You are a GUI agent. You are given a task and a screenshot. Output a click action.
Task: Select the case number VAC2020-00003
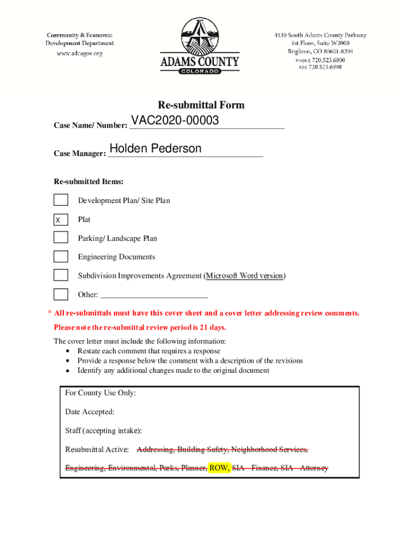tap(175, 121)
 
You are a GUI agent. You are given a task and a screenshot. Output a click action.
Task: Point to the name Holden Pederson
tap(155, 149)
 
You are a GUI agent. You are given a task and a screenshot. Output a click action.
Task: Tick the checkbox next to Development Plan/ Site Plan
tap(61, 200)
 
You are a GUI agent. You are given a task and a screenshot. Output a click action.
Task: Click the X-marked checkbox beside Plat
tap(61, 219)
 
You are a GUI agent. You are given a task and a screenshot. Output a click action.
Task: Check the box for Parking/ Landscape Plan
tap(61, 238)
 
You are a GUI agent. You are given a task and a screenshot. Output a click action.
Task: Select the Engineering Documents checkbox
tap(61, 257)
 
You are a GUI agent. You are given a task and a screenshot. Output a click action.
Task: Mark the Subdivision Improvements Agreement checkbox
tap(61, 275)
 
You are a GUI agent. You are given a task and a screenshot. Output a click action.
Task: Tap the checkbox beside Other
tap(61, 294)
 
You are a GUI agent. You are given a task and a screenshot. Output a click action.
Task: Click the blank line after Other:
tap(153, 295)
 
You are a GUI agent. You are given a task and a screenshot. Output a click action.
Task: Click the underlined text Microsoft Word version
tap(244, 276)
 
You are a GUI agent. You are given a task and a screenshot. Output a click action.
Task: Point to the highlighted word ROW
tap(219, 468)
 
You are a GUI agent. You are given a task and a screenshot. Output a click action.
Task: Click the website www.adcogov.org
tap(80, 53)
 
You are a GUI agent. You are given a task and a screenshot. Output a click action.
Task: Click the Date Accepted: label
tap(90, 412)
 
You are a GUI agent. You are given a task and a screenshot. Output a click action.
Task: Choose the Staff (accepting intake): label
tap(103, 431)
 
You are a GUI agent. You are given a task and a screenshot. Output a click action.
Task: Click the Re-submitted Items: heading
tap(89, 182)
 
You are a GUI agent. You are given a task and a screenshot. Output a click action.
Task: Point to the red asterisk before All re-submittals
tap(50, 313)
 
